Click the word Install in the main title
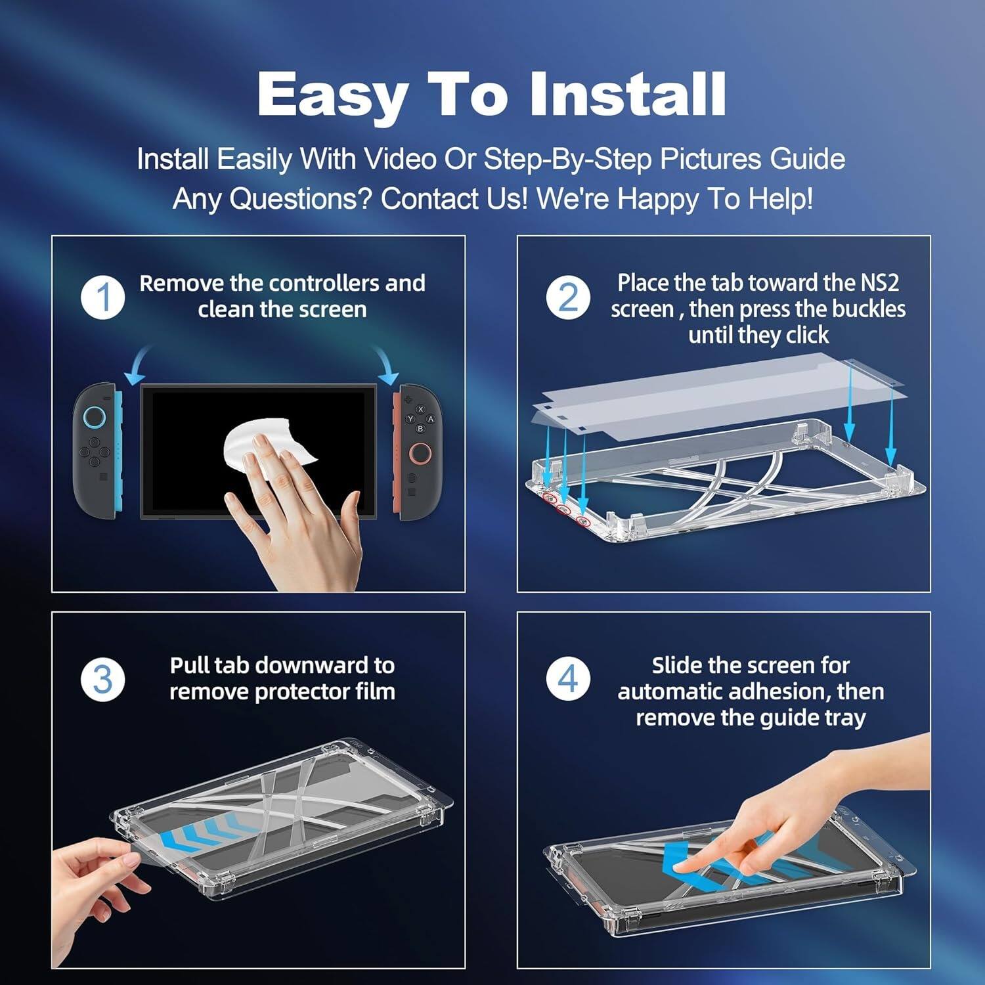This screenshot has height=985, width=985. click(627, 94)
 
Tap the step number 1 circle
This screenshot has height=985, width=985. click(103, 297)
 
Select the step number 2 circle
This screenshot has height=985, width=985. click(568, 297)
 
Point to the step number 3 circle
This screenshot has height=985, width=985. click(103, 679)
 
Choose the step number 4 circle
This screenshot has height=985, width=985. click(568, 679)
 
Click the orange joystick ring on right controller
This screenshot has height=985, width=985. click(420, 453)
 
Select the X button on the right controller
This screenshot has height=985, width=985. click(421, 409)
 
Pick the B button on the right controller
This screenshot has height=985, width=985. click(420, 429)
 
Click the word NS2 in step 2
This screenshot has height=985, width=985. click(879, 282)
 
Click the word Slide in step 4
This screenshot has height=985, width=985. click(677, 665)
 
